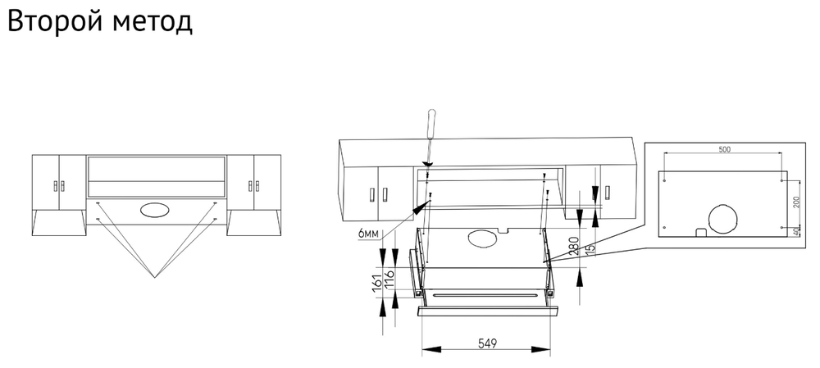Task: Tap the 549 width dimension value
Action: [x=487, y=343]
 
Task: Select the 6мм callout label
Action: [x=369, y=234]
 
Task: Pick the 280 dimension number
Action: [x=574, y=246]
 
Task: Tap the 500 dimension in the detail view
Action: [x=724, y=149]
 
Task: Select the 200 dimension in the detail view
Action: [x=796, y=202]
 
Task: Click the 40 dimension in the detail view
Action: [x=796, y=230]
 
